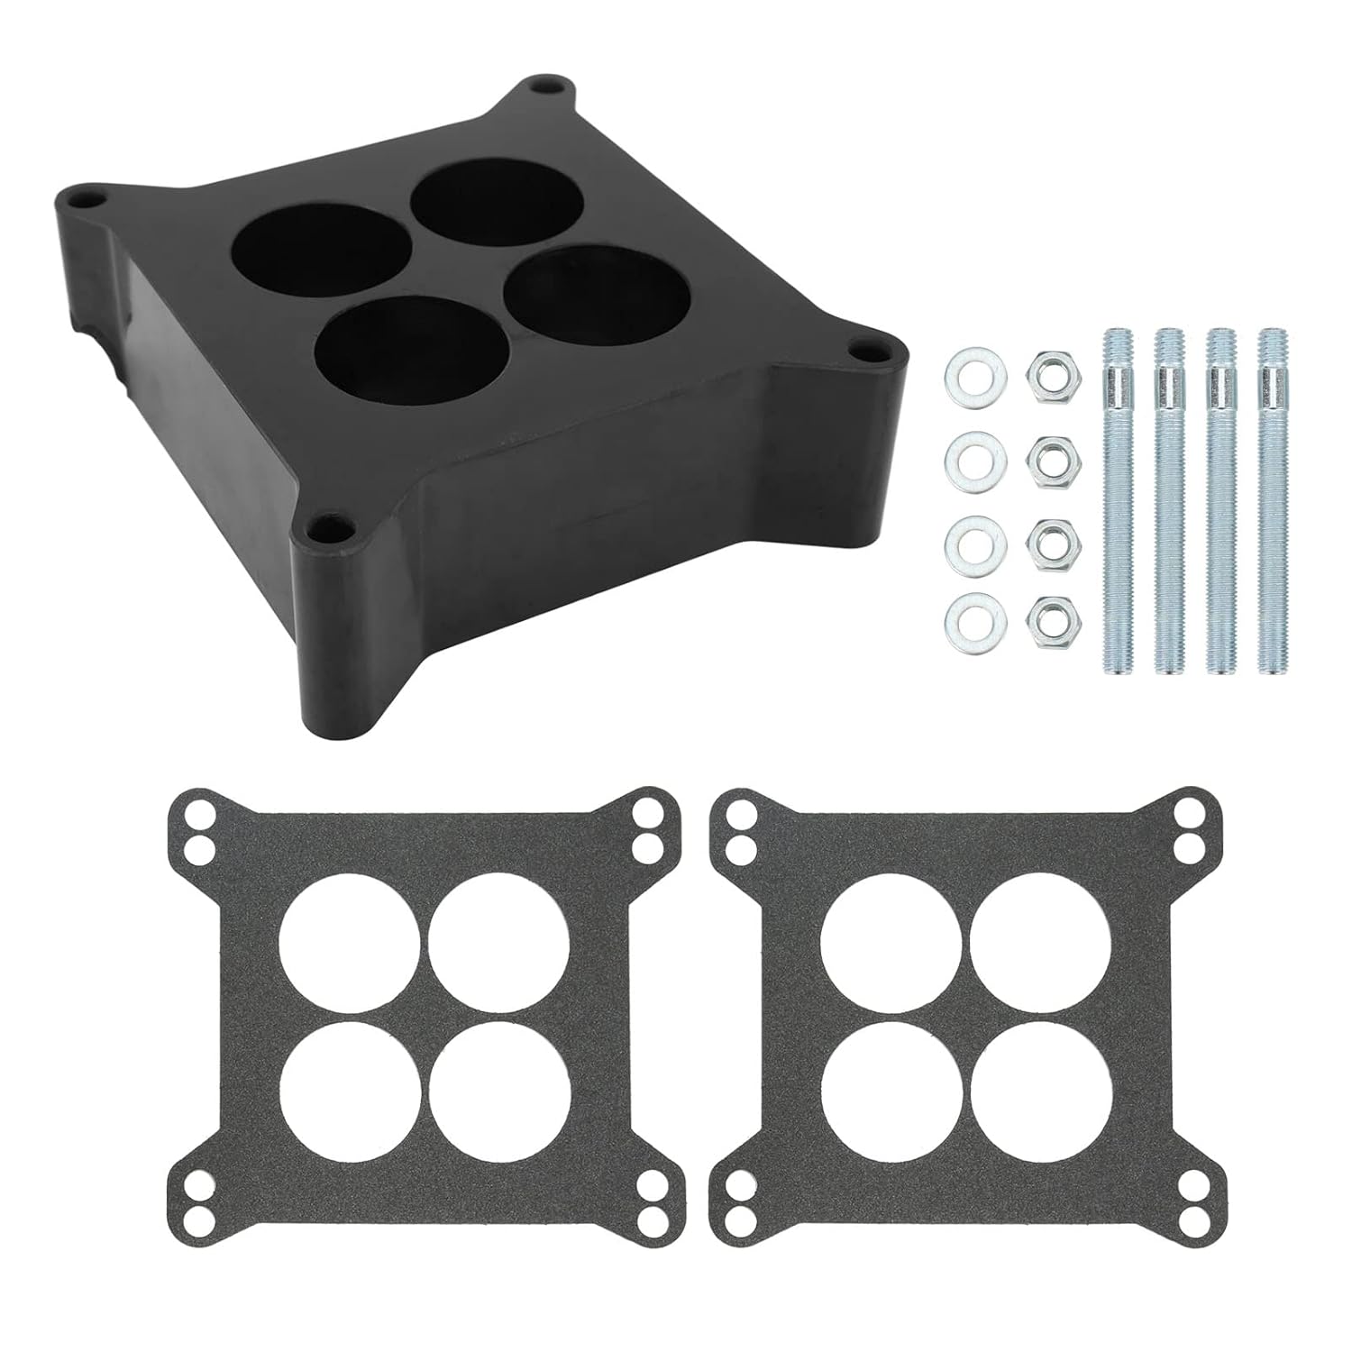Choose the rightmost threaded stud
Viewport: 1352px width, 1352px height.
(1273, 499)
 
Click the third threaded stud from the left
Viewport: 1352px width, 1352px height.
(1220, 499)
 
